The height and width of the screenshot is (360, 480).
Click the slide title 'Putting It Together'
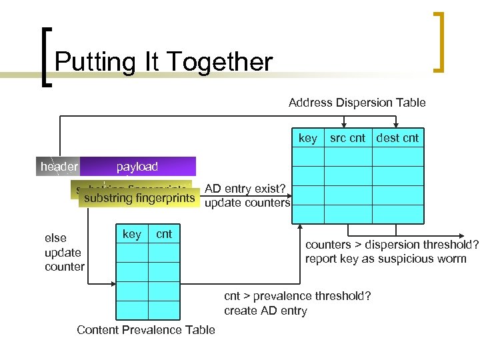click(163, 62)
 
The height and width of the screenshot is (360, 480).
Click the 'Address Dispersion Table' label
click(357, 103)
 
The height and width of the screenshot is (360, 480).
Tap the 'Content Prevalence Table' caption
click(146, 330)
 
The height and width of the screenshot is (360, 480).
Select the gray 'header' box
click(58, 167)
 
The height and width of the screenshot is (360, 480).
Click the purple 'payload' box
click(137, 167)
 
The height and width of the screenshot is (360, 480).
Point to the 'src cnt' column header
click(347, 138)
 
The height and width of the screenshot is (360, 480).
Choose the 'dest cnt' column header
click(397, 138)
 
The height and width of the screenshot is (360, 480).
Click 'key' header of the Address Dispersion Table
click(307, 138)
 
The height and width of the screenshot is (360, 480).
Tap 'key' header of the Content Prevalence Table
click(132, 234)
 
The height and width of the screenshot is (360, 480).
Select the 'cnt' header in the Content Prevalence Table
click(164, 234)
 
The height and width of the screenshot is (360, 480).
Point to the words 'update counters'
click(247, 203)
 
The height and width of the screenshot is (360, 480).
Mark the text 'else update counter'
click(64, 252)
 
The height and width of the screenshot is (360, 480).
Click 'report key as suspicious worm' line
click(385, 259)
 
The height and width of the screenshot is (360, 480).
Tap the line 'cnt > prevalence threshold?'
click(297, 296)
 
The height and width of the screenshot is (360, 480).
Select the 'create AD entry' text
click(265, 311)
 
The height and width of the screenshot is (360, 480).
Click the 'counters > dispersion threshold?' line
click(391, 244)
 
